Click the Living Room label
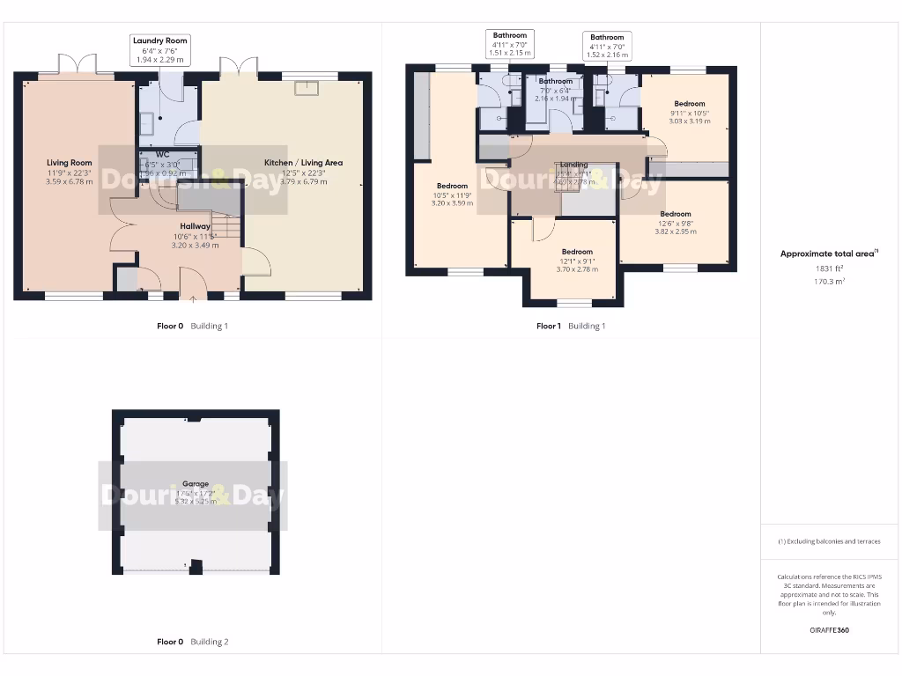click(x=70, y=163)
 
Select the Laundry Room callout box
click(x=159, y=50)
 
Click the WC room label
click(x=162, y=154)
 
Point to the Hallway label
click(x=196, y=226)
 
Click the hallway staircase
click(x=228, y=228)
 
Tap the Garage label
click(x=196, y=484)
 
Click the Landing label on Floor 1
click(x=573, y=165)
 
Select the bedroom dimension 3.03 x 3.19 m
click(x=689, y=122)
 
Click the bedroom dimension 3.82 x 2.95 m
click(x=676, y=231)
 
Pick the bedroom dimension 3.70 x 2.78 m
click(x=577, y=269)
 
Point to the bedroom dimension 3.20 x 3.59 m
click(x=453, y=202)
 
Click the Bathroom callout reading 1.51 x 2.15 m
click(x=510, y=44)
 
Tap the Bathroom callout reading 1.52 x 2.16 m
click(x=607, y=46)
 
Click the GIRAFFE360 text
click(x=829, y=630)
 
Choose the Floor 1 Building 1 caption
click(x=571, y=326)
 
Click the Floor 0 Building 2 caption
click(x=192, y=642)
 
